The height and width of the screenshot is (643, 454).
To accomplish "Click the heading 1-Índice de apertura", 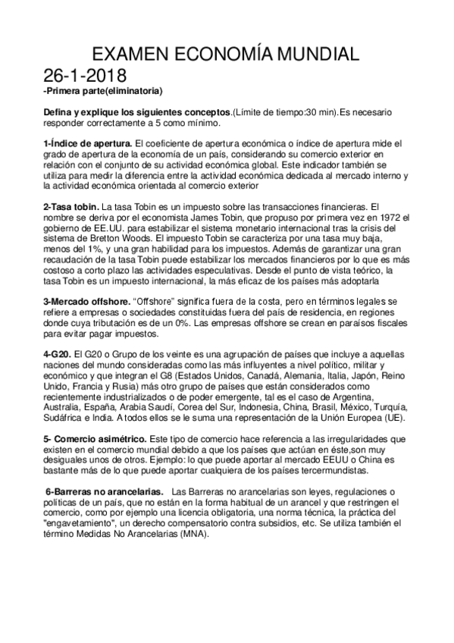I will click(88, 143).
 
